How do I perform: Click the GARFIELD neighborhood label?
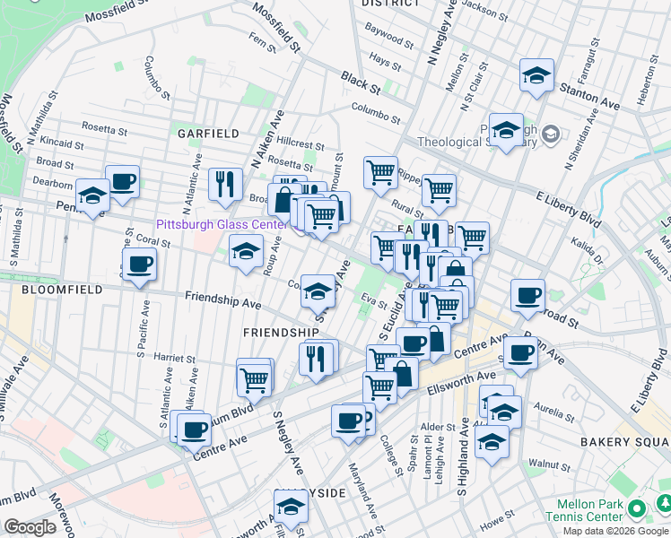tap(208, 133)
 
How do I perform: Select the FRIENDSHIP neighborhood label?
tap(282, 332)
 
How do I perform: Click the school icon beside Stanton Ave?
tap(536, 75)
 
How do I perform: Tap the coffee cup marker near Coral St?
tap(139, 265)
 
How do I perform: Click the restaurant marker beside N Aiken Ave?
tap(224, 185)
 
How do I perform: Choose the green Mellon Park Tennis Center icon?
tap(638, 508)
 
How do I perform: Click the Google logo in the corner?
tap(30, 527)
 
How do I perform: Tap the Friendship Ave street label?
tap(223, 299)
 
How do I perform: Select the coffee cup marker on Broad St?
tap(528, 295)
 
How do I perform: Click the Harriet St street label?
tap(175, 360)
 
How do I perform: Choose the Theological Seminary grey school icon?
tap(550, 134)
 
